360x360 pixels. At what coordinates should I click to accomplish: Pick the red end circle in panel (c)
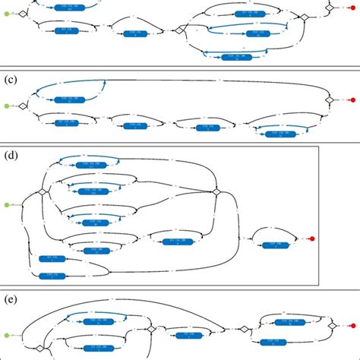click(x=352, y=99)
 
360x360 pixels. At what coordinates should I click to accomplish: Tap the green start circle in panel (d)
click(x=8, y=205)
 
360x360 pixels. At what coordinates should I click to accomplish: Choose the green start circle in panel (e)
click(x=8, y=335)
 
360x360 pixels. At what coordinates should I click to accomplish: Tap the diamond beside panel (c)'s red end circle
click(x=330, y=99)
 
